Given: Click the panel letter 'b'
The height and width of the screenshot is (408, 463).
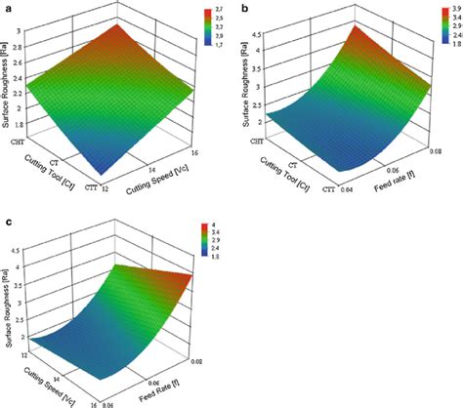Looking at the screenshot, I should pos(244,8).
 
